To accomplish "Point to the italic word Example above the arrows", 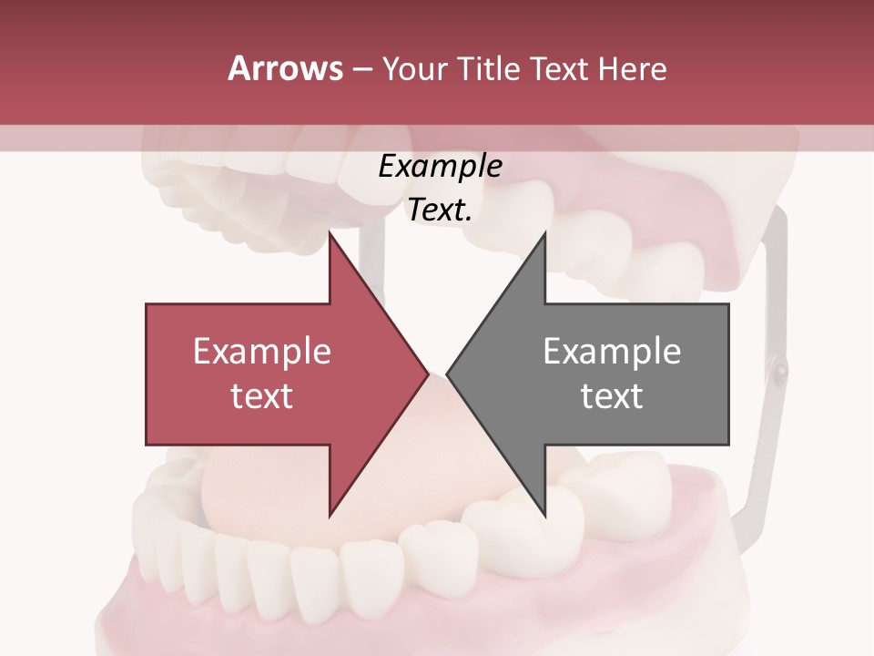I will click(440, 166).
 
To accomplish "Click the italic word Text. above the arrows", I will click(440, 210).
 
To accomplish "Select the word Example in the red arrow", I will click(262, 352).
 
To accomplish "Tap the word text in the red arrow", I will click(262, 395).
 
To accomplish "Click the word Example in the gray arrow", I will click(612, 352).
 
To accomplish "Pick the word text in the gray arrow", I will click(612, 395).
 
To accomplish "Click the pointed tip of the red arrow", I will click(428, 374).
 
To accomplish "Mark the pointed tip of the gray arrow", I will click(448, 374).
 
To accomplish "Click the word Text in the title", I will click(557, 68).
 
